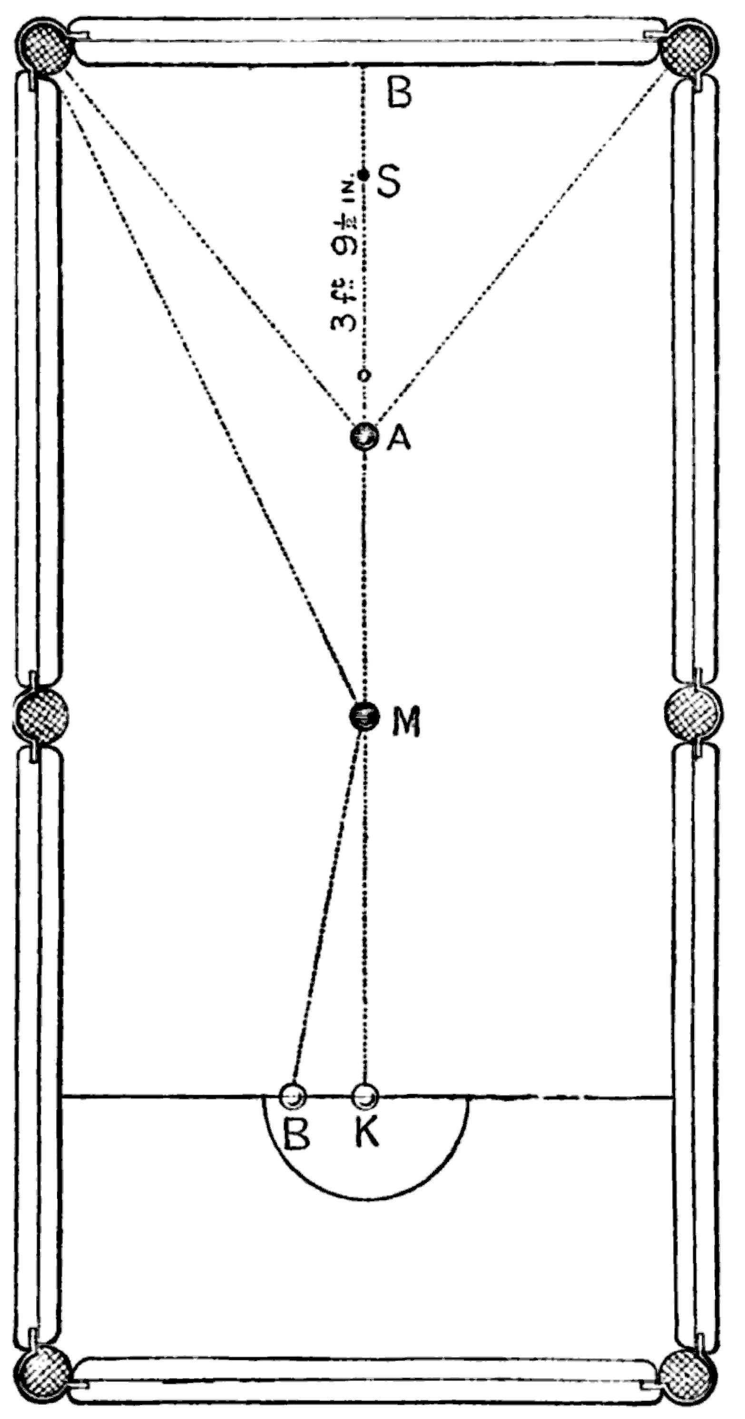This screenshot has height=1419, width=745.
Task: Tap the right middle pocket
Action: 693,715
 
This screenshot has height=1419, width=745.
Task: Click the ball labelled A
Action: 364,437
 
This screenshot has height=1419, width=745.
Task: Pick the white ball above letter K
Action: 365,1097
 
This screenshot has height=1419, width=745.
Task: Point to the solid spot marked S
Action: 363,175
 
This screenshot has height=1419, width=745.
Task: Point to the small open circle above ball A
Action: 363,376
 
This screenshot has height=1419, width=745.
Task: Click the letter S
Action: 389,182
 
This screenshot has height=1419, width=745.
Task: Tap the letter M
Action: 406,721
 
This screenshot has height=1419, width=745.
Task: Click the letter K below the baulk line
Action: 366,1133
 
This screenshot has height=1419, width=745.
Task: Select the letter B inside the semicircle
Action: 296,1134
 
